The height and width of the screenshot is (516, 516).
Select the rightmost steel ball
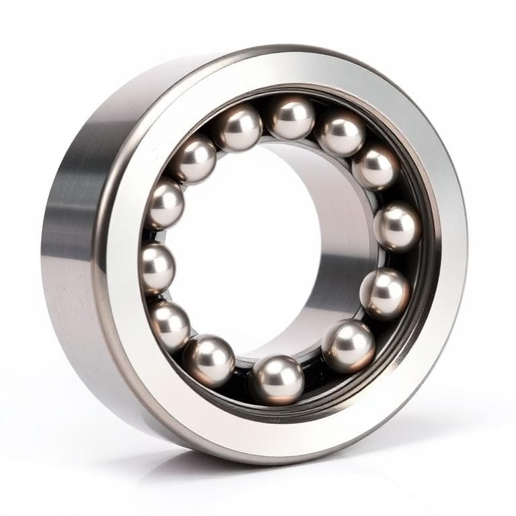tap(397, 226)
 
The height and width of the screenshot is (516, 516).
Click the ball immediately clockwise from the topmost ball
tap(341, 134)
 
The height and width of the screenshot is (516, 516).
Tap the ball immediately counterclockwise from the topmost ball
tap(239, 128)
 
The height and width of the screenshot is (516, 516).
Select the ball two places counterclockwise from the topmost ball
tap(194, 159)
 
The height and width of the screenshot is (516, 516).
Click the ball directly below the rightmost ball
tap(384, 293)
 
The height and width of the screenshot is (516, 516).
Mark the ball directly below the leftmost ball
tap(169, 326)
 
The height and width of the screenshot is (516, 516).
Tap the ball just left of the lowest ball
tap(209, 360)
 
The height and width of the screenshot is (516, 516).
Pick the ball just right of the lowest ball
tap(347, 346)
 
